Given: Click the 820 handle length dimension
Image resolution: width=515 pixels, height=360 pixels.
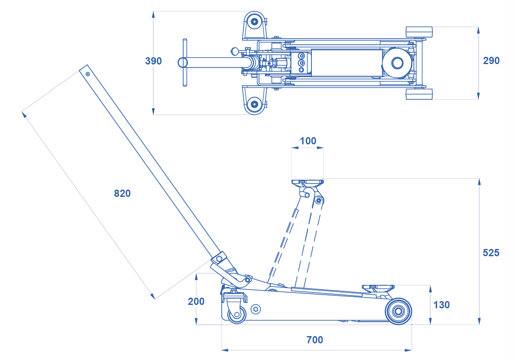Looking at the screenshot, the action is [x=122, y=193].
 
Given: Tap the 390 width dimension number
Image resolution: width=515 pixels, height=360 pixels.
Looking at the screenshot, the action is [x=153, y=61].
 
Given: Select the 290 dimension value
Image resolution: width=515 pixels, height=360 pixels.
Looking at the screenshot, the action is [x=491, y=61].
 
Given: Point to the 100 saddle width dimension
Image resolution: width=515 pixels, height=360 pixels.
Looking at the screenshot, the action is [x=308, y=141].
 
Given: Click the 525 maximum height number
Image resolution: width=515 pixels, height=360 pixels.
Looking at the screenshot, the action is [x=491, y=253].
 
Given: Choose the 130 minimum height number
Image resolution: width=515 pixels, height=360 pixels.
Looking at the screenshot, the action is [x=442, y=305].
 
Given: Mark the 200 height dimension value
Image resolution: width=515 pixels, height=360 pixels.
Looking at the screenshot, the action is [x=196, y=301].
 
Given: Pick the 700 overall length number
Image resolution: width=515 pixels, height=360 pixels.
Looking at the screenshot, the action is [x=315, y=340].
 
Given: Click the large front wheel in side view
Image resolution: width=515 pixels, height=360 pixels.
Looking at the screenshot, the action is [x=399, y=311].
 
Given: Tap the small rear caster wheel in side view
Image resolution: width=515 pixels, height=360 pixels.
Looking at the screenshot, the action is [x=237, y=314].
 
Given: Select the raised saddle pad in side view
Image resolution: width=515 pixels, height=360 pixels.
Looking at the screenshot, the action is [x=308, y=182].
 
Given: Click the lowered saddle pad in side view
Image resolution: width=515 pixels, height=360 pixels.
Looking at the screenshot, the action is [x=378, y=287].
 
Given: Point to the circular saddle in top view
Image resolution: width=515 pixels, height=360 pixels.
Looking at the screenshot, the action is [x=397, y=63].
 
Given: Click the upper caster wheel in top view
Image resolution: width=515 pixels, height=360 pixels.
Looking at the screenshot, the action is [x=254, y=22].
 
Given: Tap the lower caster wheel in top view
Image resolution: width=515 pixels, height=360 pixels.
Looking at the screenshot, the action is [x=254, y=104].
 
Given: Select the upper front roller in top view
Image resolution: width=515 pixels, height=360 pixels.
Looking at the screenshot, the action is [x=419, y=32].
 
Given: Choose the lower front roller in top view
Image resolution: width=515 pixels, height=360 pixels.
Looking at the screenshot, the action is [x=419, y=94].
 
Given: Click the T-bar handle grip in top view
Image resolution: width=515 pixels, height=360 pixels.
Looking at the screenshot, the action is [x=185, y=63].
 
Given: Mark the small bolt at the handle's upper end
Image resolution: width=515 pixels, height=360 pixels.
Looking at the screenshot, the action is [x=87, y=74].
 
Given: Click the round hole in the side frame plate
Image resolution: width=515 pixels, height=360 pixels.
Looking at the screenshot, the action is [x=256, y=309].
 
